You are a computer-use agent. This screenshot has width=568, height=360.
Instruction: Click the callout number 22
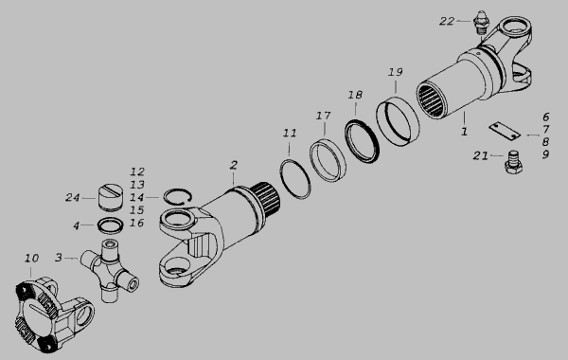[447, 22]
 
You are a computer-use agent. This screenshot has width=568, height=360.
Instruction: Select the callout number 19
[395, 72]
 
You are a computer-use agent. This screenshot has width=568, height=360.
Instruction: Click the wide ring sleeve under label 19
[398, 121]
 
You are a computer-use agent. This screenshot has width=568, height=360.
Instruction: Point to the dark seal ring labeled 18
[362, 141]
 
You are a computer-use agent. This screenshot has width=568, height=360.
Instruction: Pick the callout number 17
[323, 116]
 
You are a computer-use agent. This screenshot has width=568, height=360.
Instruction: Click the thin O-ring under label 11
[295, 179]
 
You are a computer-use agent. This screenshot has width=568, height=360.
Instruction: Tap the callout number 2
[234, 166]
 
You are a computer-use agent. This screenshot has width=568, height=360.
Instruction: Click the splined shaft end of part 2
[267, 199]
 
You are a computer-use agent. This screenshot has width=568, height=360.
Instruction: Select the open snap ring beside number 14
[178, 197]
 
